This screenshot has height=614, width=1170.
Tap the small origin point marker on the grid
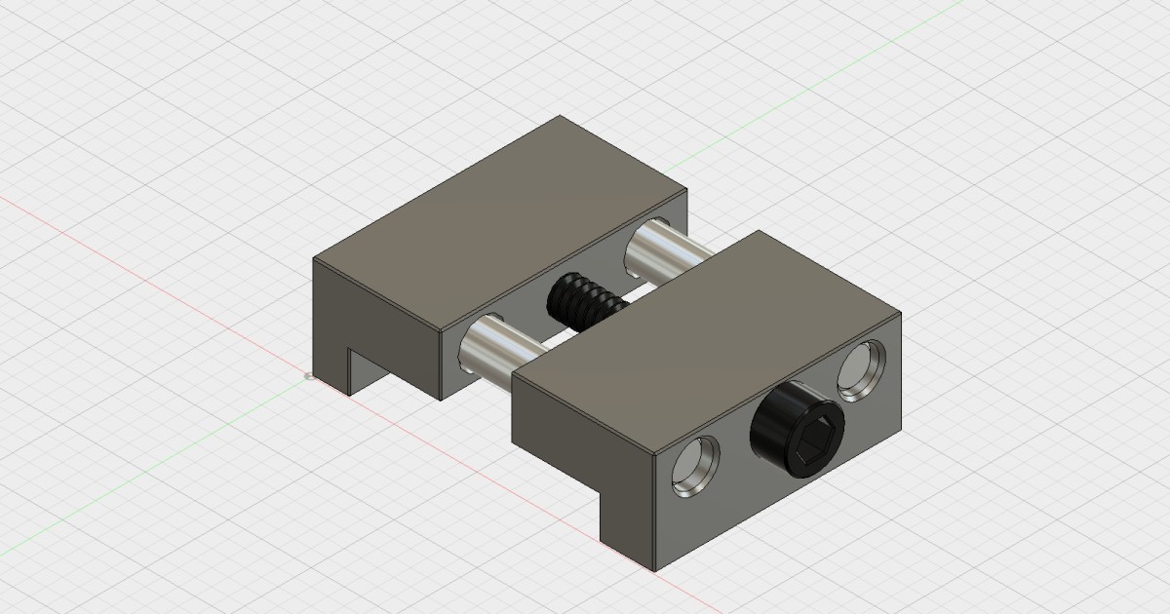[309, 375]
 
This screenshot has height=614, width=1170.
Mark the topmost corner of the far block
[560, 117]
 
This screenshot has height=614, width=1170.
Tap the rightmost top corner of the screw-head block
[899, 314]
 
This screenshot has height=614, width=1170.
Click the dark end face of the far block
[331, 312]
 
